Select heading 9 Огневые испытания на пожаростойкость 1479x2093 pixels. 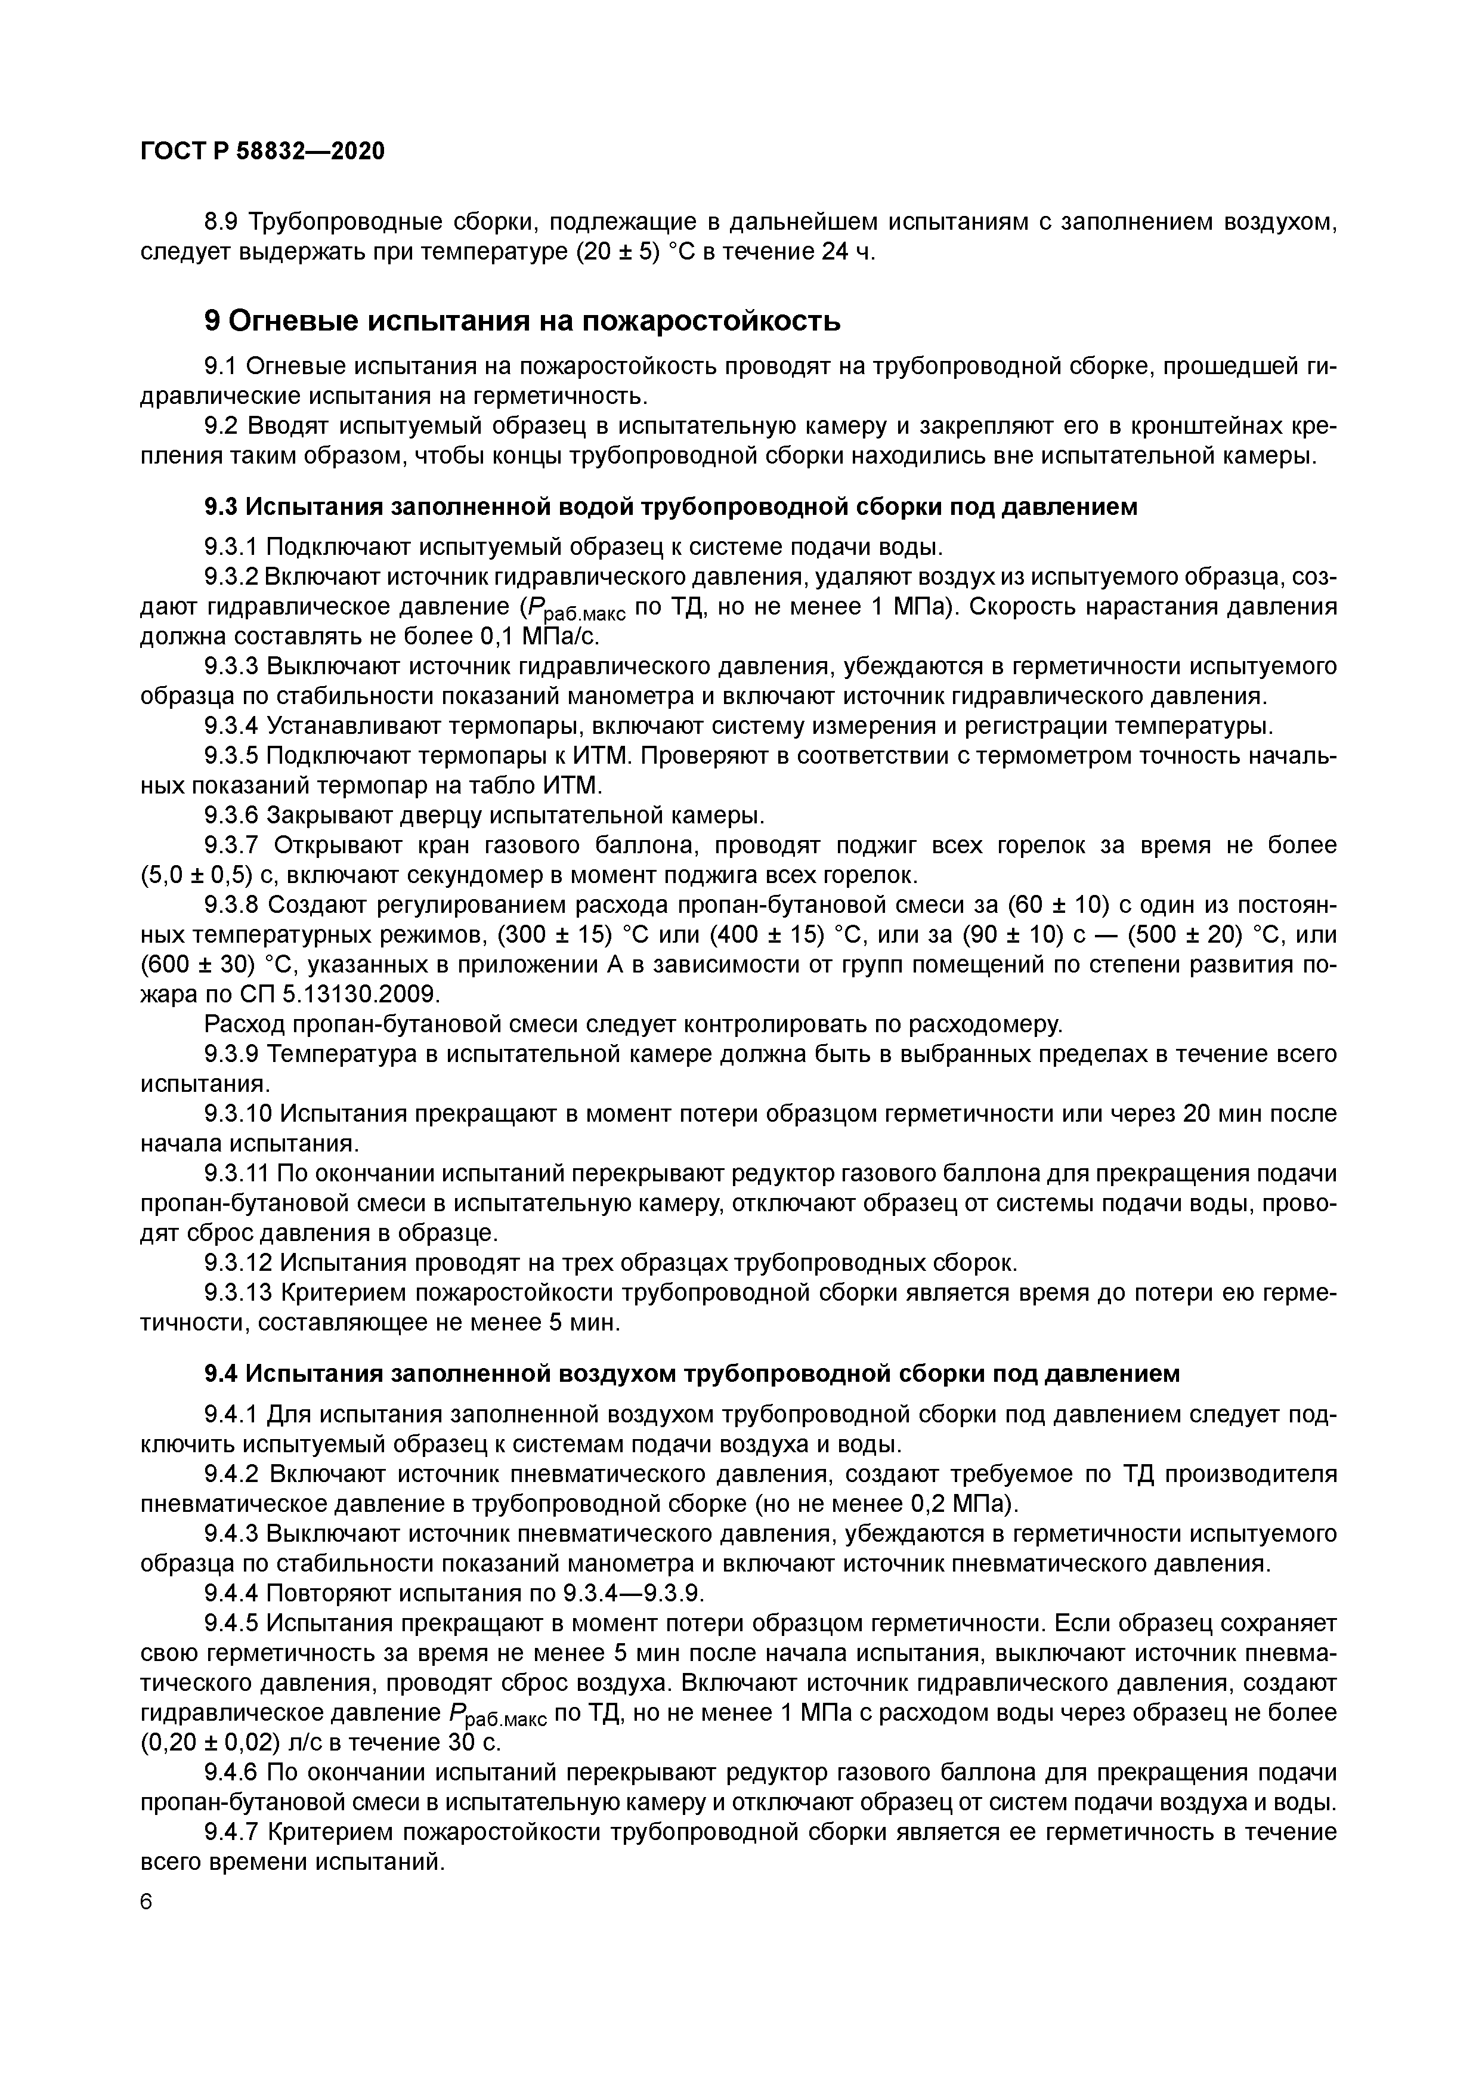pyautogui.click(x=521, y=321)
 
